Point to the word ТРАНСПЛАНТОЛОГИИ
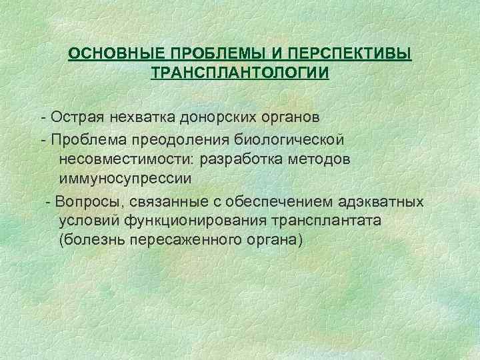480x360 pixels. pos(240,71)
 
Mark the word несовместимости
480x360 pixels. pos(124,161)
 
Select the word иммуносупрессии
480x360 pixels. pos(125,179)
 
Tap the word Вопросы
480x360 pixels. pos(82,202)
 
